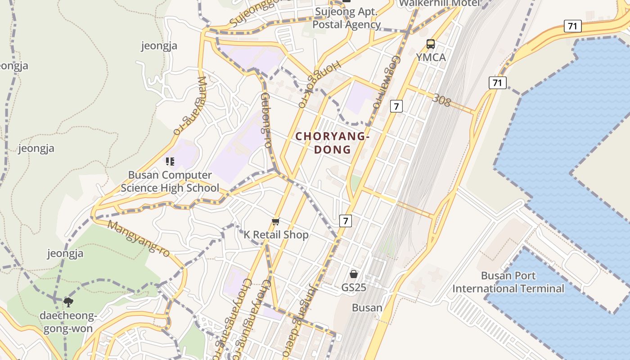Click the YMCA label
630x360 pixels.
tap(431, 57)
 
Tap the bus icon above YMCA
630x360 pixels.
tap(431, 44)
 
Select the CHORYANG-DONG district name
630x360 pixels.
tap(333, 143)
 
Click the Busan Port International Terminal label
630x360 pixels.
tap(508, 282)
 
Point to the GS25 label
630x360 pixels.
tap(354, 287)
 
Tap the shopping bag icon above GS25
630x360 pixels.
tap(354, 274)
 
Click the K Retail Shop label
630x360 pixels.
tap(276, 234)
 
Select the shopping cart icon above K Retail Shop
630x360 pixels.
tap(276, 221)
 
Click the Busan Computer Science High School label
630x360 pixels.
tap(170, 181)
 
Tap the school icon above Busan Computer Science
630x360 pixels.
tap(170, 161)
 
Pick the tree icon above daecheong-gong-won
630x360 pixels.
tap(68, 302)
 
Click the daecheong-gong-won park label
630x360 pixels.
tap(68, 322)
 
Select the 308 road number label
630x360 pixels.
tap(441, 100)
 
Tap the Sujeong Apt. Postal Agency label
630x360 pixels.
tap(346, 18)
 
